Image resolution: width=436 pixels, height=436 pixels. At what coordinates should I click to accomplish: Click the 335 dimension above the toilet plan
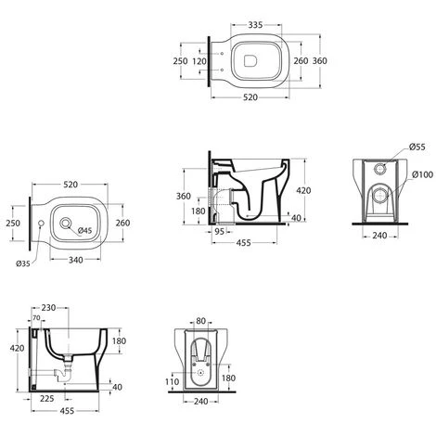tap(255, 25)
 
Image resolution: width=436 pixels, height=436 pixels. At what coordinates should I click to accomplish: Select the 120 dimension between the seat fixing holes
tap(199, 61)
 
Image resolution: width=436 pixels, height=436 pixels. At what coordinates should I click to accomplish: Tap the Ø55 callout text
tap(417, 147)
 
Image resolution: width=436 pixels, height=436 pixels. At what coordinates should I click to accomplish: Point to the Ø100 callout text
tap(422, 174)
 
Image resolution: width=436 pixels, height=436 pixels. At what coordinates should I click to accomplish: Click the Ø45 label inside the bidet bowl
tap(84, 230)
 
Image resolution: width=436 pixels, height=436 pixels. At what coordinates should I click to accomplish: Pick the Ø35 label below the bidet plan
tap(23, 263)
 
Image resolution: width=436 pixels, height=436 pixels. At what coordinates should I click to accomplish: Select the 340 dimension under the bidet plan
tap(76, 260)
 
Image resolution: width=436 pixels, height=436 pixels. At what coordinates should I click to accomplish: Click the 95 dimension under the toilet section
tap(219, 231)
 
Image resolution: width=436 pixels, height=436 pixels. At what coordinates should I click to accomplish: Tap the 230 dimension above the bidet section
tap(48, 308)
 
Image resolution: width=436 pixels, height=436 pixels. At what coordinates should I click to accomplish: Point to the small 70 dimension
tap(36, 318)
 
